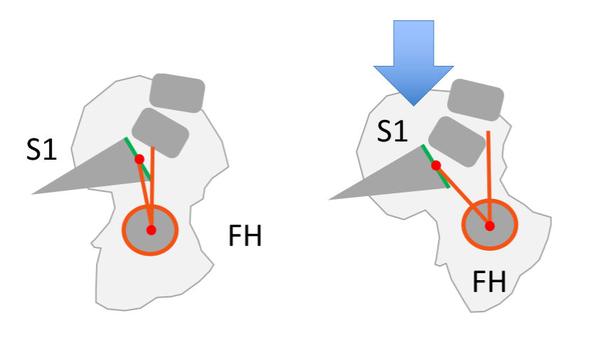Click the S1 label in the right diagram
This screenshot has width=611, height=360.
click(393, 130)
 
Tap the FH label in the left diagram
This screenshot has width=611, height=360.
click(245, 237)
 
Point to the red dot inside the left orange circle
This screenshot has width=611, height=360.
click(151, 230)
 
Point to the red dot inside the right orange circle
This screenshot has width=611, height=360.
click(490, 226)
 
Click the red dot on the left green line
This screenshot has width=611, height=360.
click(139, 159)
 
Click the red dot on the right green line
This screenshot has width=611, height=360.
click(435, 166)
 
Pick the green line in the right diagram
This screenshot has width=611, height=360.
click(444, 178)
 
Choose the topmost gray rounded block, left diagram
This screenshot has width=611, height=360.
click(177, 92)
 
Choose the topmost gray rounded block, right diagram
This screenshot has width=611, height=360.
click(476, 99)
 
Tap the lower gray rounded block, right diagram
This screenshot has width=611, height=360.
click(457, 141)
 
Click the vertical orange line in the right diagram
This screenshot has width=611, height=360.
click(489, 168)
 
